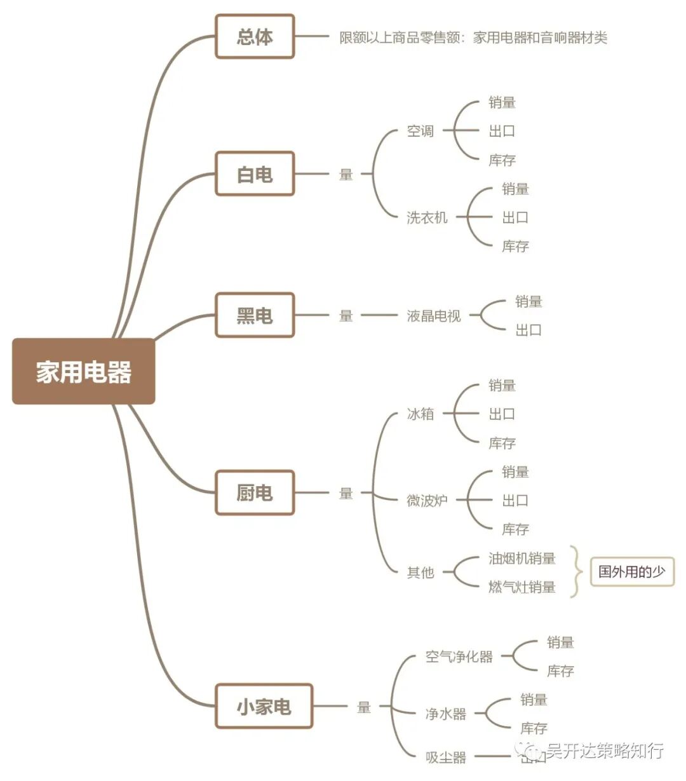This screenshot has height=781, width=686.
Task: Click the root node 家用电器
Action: pyautogui.click(x=83, y=372)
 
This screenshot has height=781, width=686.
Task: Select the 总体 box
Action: pyautogui.click(x=255, y=37)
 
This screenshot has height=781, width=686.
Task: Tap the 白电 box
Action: pyautogui.click(x=255, y=174)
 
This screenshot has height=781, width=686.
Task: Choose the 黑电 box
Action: pyautogui.click(x=255, y=315)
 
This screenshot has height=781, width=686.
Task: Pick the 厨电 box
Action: pyautogui.click(x=255, y=492)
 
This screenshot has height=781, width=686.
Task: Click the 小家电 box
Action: pyautogui.click(x=264, y=706)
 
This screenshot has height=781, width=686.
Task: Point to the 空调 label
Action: pyautogui.click(x=420, y=131)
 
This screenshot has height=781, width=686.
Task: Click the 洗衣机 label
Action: pyautogui.click(x=427, y=217)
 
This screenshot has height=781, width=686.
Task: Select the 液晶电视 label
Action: pyautogui.click(x=434, y=315)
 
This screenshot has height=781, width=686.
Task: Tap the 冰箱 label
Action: pyautogui.click(x=420, y=414)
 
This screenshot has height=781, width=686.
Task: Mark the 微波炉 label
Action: pyautogui.click(x=427, y=500)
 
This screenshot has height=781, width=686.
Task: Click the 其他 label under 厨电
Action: pyautogui.click(x=420, y=573)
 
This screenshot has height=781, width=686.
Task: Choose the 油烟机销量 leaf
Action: pyautogui.click(x=521, y=558)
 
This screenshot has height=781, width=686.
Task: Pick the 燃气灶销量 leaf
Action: pyautogui.click(x=521, y=587)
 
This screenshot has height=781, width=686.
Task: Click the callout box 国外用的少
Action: pyautogui.click(x=631, y=571)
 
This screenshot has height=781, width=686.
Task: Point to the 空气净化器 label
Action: pyautogui.click(x=459, y=656)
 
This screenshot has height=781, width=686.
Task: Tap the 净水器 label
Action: pyautogui.click(x=445, y=714)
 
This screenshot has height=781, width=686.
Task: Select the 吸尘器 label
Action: pyautogui.click(x=445, y=757)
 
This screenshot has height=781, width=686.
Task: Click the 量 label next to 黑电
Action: pyautogui.click(x=346, y=315)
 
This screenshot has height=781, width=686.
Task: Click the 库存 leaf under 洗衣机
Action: pyautogui.click(x=515, y=246)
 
